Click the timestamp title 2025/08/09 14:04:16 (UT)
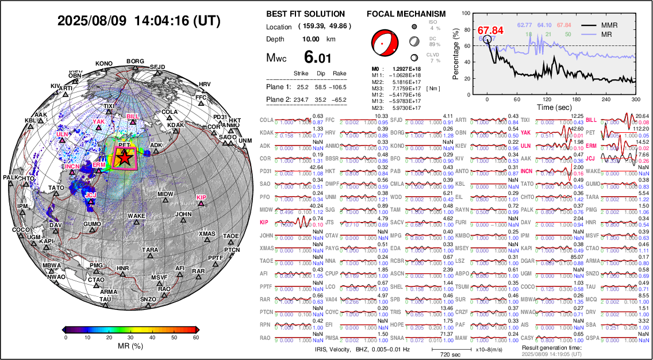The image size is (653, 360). pos(139,21)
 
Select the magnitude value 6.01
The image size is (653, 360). pos(317,58)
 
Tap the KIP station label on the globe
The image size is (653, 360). pos(201,197)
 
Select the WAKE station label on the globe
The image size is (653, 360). pos(136,216)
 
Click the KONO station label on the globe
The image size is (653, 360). pos(104,63)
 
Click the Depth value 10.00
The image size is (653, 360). pos(315,39)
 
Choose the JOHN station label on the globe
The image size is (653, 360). pos(183,215)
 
